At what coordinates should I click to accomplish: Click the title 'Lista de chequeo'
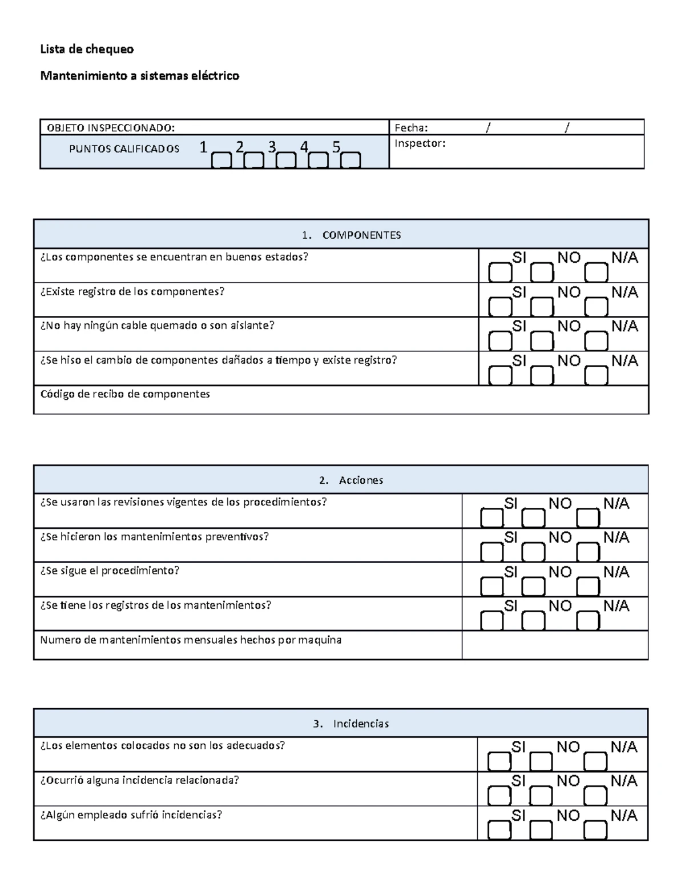pos(87,49)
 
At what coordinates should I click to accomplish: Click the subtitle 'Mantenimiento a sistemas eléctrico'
pos(139,75)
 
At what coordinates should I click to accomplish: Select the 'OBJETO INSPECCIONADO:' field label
pos(111,127)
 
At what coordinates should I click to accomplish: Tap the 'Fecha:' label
pos(411,127)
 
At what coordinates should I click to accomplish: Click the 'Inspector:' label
pos(420,143)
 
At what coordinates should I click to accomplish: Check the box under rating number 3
pos(286,160)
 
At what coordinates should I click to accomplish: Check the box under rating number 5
pos(350,160)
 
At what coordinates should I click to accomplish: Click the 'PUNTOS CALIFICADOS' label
pos(124,149)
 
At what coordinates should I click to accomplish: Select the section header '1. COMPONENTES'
pos(352,235)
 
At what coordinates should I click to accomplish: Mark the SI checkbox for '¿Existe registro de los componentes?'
pos(500,308)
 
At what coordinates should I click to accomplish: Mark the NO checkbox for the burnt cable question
pos(542,342)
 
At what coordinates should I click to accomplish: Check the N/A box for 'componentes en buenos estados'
pos(597,273)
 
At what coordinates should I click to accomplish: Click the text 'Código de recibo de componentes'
pos(125,394)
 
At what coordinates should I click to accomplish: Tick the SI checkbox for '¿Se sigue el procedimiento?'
pos(492,587)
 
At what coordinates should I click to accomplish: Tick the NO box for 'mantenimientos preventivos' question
pos(534,552)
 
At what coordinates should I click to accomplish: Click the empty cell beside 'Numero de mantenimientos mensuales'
pos(554,645)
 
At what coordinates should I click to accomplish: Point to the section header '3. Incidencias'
pos(352,724)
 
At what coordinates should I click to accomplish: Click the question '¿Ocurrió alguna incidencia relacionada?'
pos(139,780)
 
